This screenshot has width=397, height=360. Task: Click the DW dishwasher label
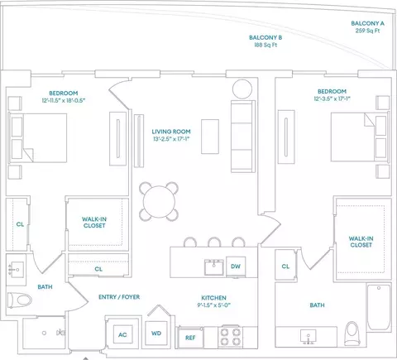coord(236,266)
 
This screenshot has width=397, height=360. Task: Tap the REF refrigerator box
coord(190,338)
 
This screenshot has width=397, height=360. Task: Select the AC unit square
coord(122,334)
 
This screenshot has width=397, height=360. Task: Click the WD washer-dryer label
coord(156,334)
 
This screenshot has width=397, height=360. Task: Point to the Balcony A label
coord(367,23)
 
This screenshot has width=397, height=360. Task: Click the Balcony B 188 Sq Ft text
coord(265,45)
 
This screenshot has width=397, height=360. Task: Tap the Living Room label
coord(171,132)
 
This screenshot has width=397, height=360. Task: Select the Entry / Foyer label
coord(119,297)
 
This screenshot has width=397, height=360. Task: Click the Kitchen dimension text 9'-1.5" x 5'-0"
coord(214,305)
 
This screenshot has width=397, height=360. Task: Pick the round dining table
coord(159,202)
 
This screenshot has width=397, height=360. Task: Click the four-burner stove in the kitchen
coord(231,337)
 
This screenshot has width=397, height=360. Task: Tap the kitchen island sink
coord(214,267)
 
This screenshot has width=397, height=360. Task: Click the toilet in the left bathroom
coord(19,300)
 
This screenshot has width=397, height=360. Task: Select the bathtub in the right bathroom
coord(379,307)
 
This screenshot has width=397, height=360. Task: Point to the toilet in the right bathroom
coord(352,333)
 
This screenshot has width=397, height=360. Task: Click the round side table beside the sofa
coord(242,89)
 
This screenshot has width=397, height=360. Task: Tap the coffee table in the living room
coord(210,137)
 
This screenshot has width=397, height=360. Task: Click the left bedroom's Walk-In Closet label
coord(94,223)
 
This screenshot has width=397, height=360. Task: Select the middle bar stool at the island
coord(214,242)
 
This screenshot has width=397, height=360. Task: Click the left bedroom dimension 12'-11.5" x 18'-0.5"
coord(64,100)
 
